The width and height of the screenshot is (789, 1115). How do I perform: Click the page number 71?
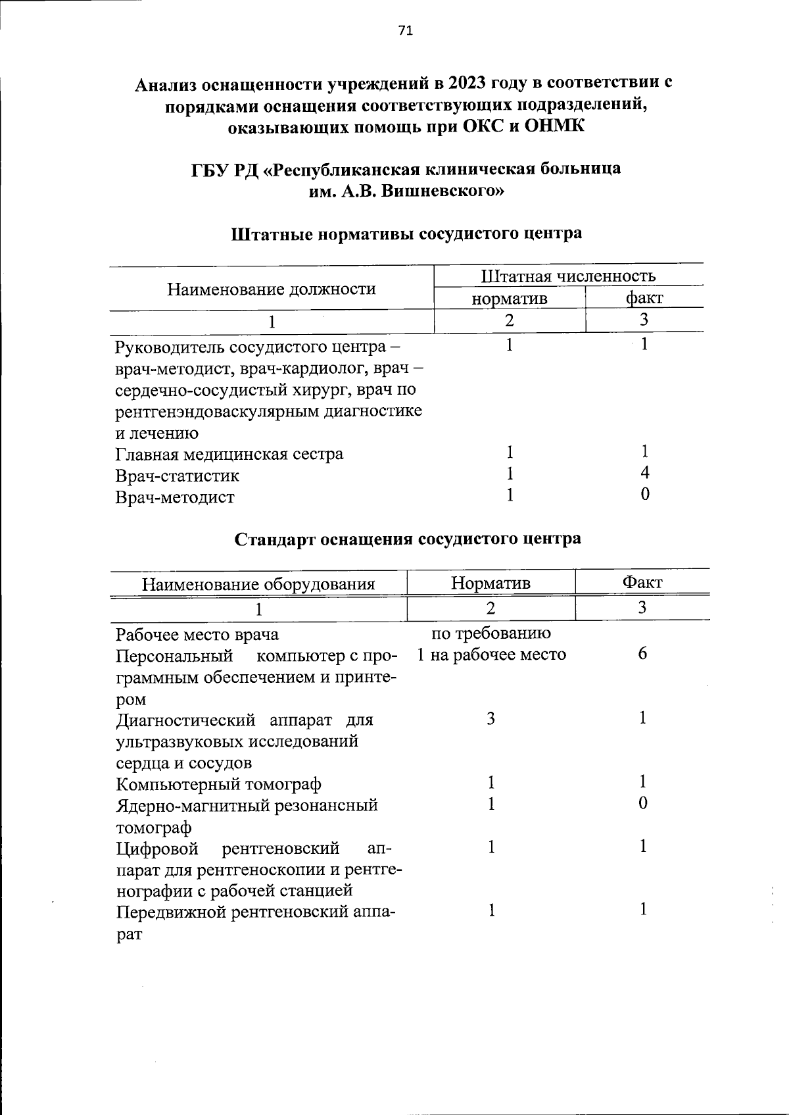405,30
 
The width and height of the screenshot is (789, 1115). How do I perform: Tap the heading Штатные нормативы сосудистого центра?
406,234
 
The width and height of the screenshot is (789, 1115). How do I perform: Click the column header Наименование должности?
271,289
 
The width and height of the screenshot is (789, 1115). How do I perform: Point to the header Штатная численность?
568,276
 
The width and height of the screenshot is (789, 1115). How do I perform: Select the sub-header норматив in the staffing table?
510,299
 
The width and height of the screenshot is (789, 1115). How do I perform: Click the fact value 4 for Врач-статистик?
645,473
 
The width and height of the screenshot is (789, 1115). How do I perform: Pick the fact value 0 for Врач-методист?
645,495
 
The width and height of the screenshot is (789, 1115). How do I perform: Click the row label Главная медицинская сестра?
229,455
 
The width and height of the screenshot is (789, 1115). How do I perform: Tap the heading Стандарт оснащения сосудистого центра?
408,539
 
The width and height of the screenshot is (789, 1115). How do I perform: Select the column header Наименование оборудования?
258,584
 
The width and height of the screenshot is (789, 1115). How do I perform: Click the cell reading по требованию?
490,633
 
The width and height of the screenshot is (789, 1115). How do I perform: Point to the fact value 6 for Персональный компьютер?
642,654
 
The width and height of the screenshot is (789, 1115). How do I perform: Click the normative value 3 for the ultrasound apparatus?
490,718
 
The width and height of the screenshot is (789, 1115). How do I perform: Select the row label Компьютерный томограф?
218,785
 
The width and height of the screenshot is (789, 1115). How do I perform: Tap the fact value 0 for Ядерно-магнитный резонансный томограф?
643,803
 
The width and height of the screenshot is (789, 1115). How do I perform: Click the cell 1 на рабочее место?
490,655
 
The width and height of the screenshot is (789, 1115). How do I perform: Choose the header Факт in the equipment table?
642,582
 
